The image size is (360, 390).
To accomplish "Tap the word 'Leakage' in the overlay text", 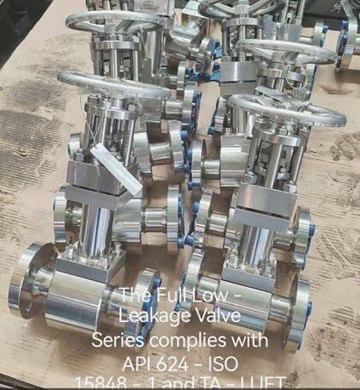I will (151, 316).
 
